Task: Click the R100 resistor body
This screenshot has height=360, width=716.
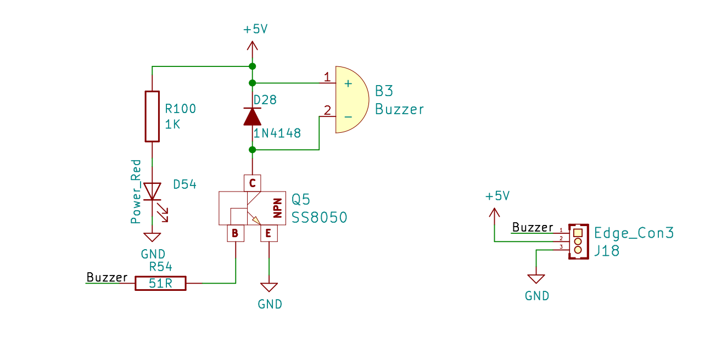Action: coord(152,116)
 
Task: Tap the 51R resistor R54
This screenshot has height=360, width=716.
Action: coord(160,283)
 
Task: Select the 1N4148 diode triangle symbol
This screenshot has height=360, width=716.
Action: coord(252,116)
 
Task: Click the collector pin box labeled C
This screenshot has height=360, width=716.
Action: coord(252,183)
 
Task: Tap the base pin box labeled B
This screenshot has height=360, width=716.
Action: coord(236,233)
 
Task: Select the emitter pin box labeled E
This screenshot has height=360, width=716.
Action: coord(269,233)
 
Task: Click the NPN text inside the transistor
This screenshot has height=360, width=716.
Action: coord(278,208)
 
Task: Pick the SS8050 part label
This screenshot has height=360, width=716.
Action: coord(320,217)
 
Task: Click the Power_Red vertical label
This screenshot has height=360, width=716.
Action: coord(136,192)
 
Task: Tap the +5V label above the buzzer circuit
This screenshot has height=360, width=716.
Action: coord(255,30)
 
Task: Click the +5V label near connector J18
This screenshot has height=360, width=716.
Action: coord(497,196)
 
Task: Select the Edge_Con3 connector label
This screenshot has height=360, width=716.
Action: coord(634,233)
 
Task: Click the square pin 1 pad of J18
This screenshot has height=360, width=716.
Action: coord(578,233)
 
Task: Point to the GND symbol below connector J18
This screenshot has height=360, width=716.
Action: coord(536,279)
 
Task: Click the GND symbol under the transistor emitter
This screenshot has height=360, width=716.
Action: coord(269,287)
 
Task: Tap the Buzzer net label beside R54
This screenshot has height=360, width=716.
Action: coord(107,277)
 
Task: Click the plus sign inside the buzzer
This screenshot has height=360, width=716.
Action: coord(348,84)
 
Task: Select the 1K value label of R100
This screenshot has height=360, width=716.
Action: coord(172,124)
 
